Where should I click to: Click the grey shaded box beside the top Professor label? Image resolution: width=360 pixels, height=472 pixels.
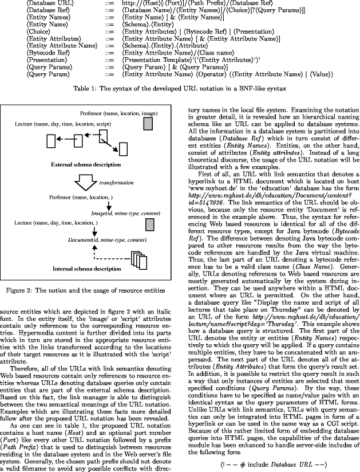148,123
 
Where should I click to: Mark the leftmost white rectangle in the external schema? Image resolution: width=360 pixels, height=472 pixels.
51,140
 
